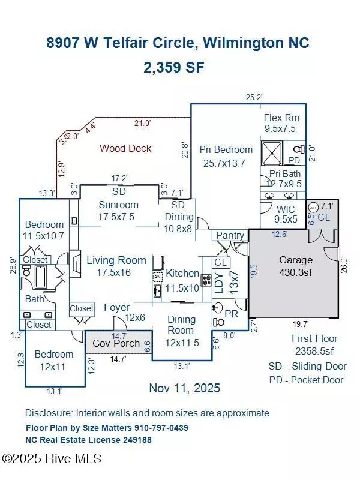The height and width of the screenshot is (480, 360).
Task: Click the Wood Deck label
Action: [125, 148]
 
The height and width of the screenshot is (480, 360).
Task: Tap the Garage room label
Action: [296, 260]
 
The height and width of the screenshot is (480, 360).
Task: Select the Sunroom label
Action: [118, 204]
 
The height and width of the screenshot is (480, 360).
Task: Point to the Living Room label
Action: [116, 260]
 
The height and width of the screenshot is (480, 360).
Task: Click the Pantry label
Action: [230, 236]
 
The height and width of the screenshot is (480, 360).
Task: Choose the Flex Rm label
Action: [281, 118]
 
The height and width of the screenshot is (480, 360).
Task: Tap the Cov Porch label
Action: [116, 344]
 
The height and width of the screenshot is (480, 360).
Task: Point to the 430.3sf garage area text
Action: [296, 272]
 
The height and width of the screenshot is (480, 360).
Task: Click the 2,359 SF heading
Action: [173, 67]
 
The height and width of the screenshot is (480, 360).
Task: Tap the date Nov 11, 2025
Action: [184, 388]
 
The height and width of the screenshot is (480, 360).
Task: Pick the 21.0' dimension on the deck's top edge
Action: [142, 123]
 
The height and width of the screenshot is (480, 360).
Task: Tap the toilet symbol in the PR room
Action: [217, 310]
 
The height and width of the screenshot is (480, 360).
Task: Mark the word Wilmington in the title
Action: [247, 43]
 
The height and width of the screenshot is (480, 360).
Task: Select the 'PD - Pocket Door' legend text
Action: [306, 380]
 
